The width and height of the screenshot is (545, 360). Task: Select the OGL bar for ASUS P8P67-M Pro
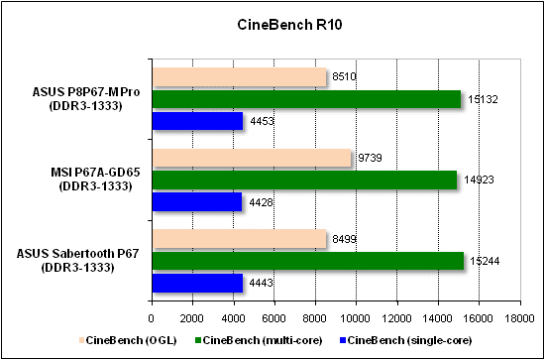(x=239, y=76)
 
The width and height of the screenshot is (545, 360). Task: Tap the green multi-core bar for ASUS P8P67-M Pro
(x=306, y=98)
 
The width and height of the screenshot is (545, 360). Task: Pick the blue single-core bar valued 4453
(x=196, y=120)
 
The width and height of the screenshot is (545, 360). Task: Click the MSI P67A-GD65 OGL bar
(x=252, y=158)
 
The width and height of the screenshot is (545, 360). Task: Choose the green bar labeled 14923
(x=304, y=180)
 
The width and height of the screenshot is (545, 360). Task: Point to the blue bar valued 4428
(x=196, y=201)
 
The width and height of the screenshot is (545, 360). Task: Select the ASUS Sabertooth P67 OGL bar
(x=239, y=239)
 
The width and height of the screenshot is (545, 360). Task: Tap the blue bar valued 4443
(x=196, y=283)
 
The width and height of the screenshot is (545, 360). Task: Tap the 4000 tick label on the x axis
(x=233, y=318)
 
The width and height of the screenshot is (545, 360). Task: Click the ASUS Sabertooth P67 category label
(x=78, y=261)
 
